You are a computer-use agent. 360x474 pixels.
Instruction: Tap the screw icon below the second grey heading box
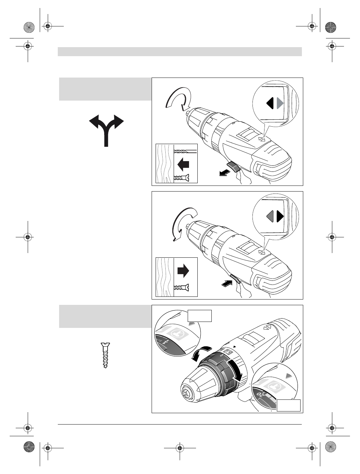[106, 355]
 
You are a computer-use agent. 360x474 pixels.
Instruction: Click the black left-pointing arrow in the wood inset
[183, 164]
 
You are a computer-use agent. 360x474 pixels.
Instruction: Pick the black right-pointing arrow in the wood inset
[183, 271]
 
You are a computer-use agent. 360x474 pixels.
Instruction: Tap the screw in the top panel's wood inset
[182, 178]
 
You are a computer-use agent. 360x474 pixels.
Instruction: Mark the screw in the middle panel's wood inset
[182, 287]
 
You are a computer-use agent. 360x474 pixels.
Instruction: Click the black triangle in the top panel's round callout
[270, 103]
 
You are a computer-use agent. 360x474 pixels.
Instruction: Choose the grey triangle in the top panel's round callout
[280, 103]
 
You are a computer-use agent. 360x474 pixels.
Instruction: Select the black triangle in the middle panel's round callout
[280, 217]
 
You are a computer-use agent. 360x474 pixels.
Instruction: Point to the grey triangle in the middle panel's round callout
[270, 217]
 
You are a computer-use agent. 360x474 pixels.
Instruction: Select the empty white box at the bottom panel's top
[200, 316]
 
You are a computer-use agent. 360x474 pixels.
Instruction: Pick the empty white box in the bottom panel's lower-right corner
[289, 405]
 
